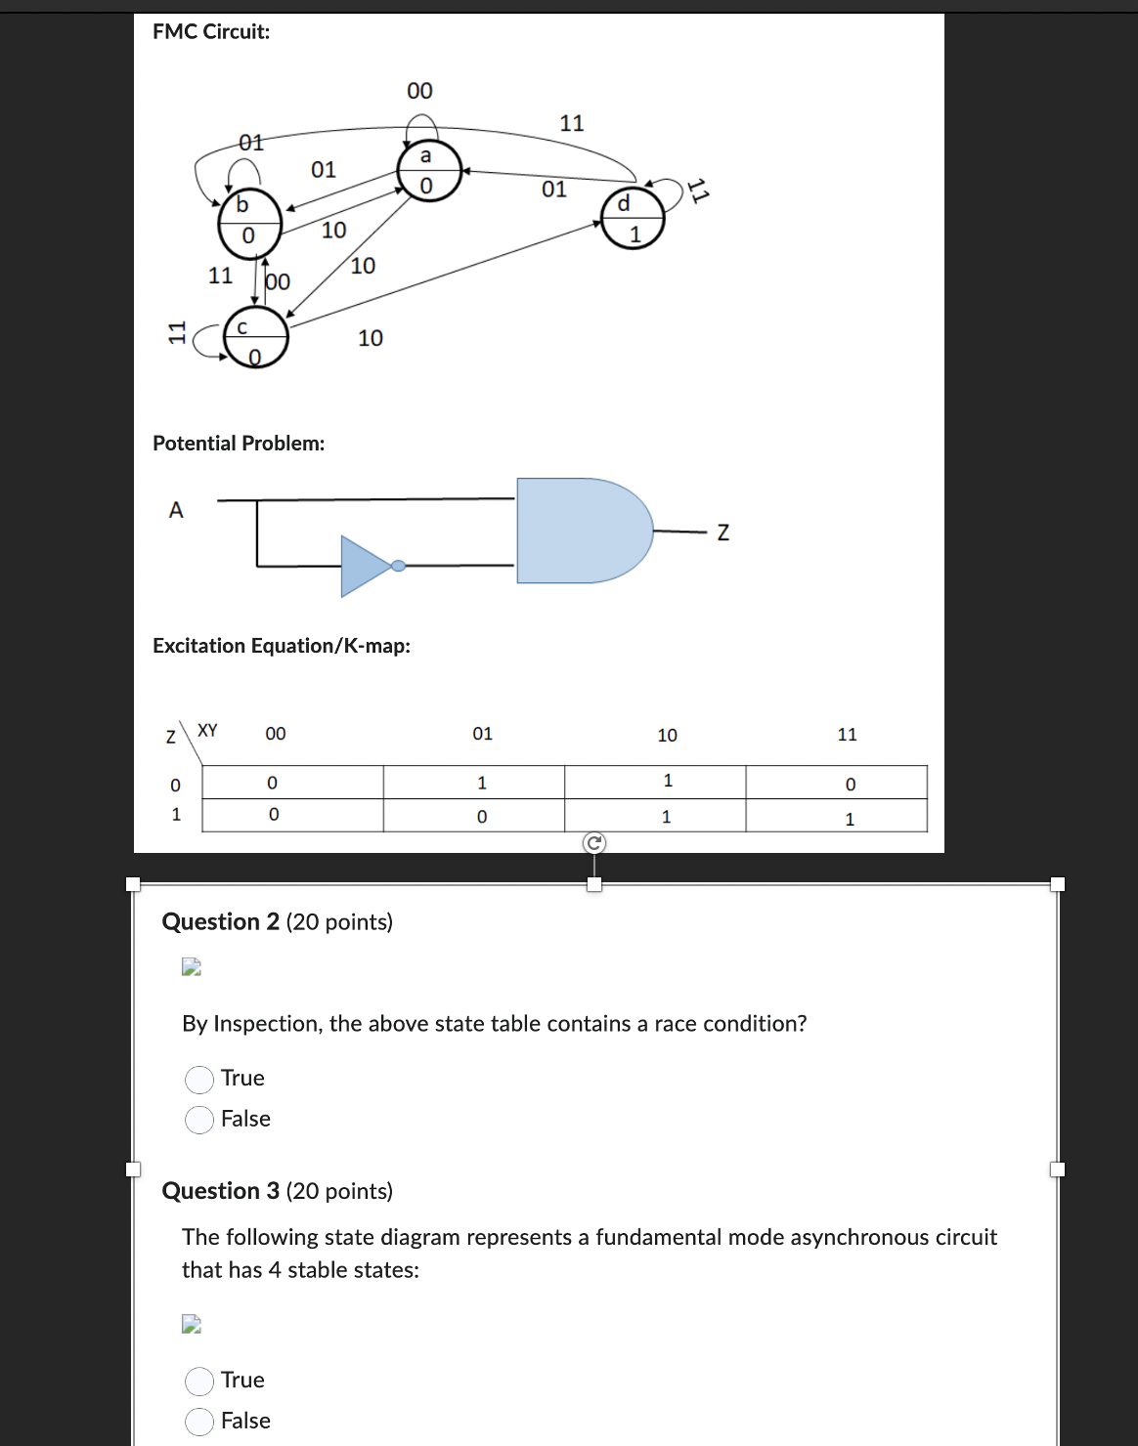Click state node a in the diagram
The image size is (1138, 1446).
click(427, 171)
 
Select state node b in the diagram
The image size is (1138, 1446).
click(248, 220)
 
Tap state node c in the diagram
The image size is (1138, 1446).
click(255, 338)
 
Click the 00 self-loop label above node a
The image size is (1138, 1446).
click(419, 91)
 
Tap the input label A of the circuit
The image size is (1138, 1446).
click(176, 510)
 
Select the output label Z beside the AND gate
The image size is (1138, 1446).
click(722, 533)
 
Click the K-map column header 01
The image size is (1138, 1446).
click(482, 733)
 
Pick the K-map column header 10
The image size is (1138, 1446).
click(667, 735)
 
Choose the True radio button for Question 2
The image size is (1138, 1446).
click(199, 1079)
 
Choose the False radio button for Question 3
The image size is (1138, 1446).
click(199, 1422)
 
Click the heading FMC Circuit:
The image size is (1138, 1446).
click(211, 31)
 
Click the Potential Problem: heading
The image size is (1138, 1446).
click(239, 443)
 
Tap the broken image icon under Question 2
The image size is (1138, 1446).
click(192, 967)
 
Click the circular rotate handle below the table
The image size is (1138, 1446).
click(594, 843)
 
